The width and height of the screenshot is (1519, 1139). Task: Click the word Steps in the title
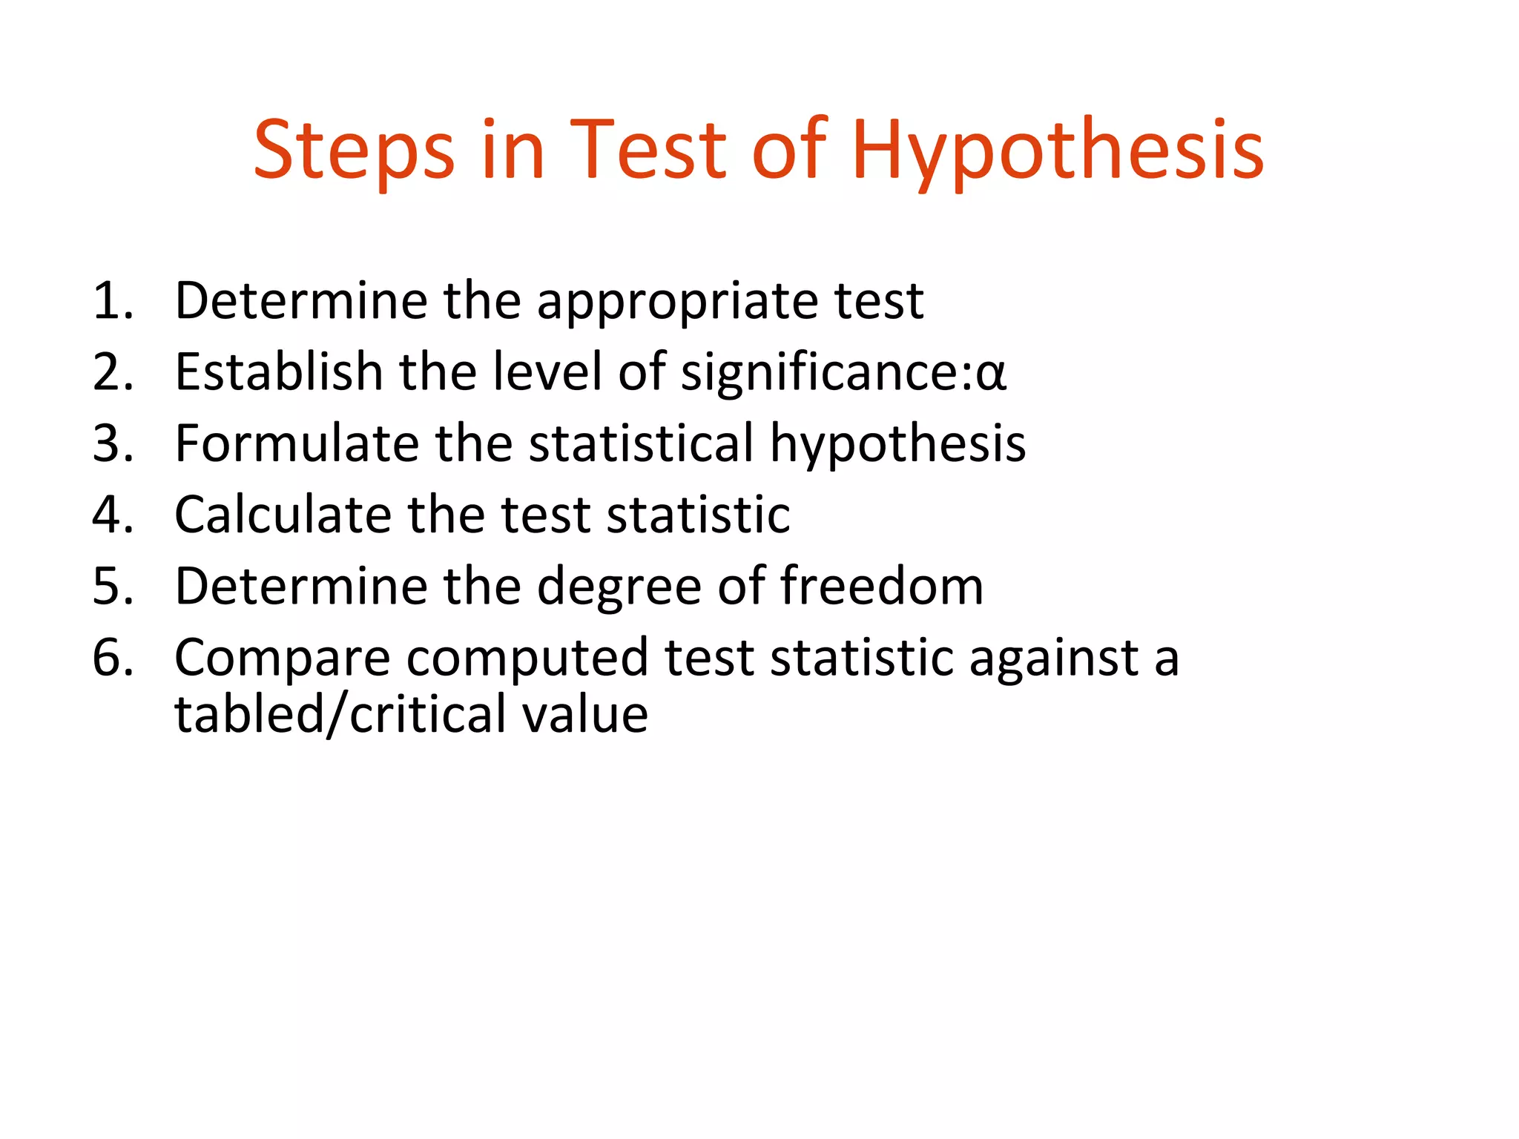tap(354, 151)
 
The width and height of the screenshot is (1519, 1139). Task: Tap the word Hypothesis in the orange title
tap(1058, 151)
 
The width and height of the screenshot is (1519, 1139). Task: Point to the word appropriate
tap(677, 303)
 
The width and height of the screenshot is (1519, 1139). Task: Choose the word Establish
tap(279, 372)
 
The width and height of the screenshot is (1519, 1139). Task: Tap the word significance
tap(825, 373)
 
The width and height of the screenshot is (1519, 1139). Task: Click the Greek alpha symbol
tap(991, 374)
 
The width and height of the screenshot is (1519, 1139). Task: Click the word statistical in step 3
tap(641, 443)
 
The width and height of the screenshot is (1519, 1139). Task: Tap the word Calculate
tap(283, 515)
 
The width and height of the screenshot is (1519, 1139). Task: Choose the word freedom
tap(882, 586)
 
